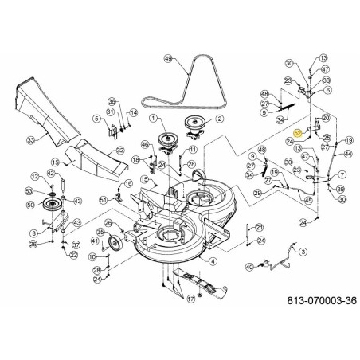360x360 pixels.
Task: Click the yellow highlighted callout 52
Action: pyautogui.click(x=296, y=134)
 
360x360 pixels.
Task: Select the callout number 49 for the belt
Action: pyautogui.click(x=167, y=59)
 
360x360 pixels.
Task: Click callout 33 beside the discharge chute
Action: pyautogui.click(x=29, y=140)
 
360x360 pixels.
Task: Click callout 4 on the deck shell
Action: pyautogui.click(x=213, y=260)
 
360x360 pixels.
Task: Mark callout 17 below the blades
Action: pyautogui.click(x=190, y=300)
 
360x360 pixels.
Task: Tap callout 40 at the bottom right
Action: pyautogui.click(x=248, y=267)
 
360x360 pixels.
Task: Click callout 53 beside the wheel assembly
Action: pyautogui.click(x=29, y=192)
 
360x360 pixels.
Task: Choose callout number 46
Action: pyautogui.click(x=144, y=144)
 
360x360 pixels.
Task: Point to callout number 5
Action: pyautogui.click(x=95, y=120)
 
